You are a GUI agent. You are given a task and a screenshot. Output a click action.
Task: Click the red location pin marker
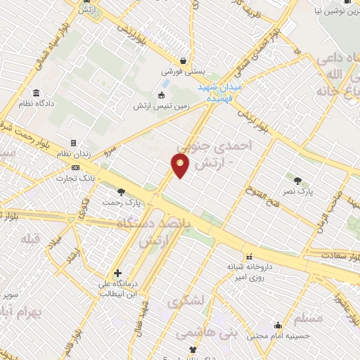tap(181, 165)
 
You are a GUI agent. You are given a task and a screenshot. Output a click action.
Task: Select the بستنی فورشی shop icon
tap(184, 60)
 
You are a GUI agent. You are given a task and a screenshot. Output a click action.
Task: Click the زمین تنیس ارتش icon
tap(161, 95)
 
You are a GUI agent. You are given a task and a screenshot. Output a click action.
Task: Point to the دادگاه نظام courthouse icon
tap(36, 94)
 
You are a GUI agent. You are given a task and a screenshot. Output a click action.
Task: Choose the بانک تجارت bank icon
tap(75, 167)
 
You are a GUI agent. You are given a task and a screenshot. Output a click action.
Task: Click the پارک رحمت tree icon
tap(121, 191)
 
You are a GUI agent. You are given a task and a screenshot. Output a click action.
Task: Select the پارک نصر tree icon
tap(297, 180)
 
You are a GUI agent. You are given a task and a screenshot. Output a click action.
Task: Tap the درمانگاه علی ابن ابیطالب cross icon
tap(117, 274)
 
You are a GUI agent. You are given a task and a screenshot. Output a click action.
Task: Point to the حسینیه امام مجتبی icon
tap(278, 326)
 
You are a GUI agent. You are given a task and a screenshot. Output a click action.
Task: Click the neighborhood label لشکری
tap(186, 301)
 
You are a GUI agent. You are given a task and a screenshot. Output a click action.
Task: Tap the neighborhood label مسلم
tap(309, 317)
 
